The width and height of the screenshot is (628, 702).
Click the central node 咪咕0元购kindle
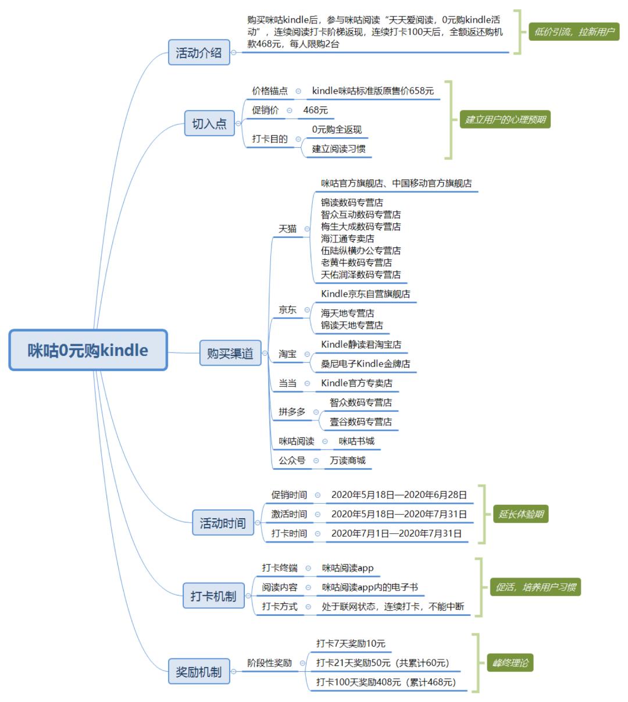tap(88, 350)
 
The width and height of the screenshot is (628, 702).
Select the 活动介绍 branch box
tap(199, 52)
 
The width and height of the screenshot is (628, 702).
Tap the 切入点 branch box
tap(209, 123)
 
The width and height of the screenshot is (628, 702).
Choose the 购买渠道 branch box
tap(230, 353)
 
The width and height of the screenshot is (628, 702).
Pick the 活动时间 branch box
tap(223, 523)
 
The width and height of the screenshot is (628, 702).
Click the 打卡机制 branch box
tap(213, 596)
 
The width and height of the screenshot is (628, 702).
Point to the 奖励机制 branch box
tap(199, 672)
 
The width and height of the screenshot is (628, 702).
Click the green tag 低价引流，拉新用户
tap(574, 32)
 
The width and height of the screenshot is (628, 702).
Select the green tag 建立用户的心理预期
tap(505, 120)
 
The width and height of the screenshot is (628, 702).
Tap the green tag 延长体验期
tap(520, 514)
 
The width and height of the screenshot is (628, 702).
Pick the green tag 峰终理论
tap(510, 662)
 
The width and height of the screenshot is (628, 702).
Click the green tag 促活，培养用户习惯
tap(535, 587)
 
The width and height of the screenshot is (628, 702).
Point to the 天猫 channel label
tap(288, 229)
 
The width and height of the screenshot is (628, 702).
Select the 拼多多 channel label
tap(292, 412)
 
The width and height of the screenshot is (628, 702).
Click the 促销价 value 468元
tap(316, 110)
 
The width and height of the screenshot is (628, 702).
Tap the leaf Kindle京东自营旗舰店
tap(365, 294)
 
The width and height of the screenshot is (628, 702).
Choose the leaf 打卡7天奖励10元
tap(351, 643)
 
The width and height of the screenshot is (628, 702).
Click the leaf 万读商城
tap(348, 460)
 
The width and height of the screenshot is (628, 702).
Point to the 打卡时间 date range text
tap(397, 533)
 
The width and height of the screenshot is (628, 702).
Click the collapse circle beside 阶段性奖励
tap(302, 663)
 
